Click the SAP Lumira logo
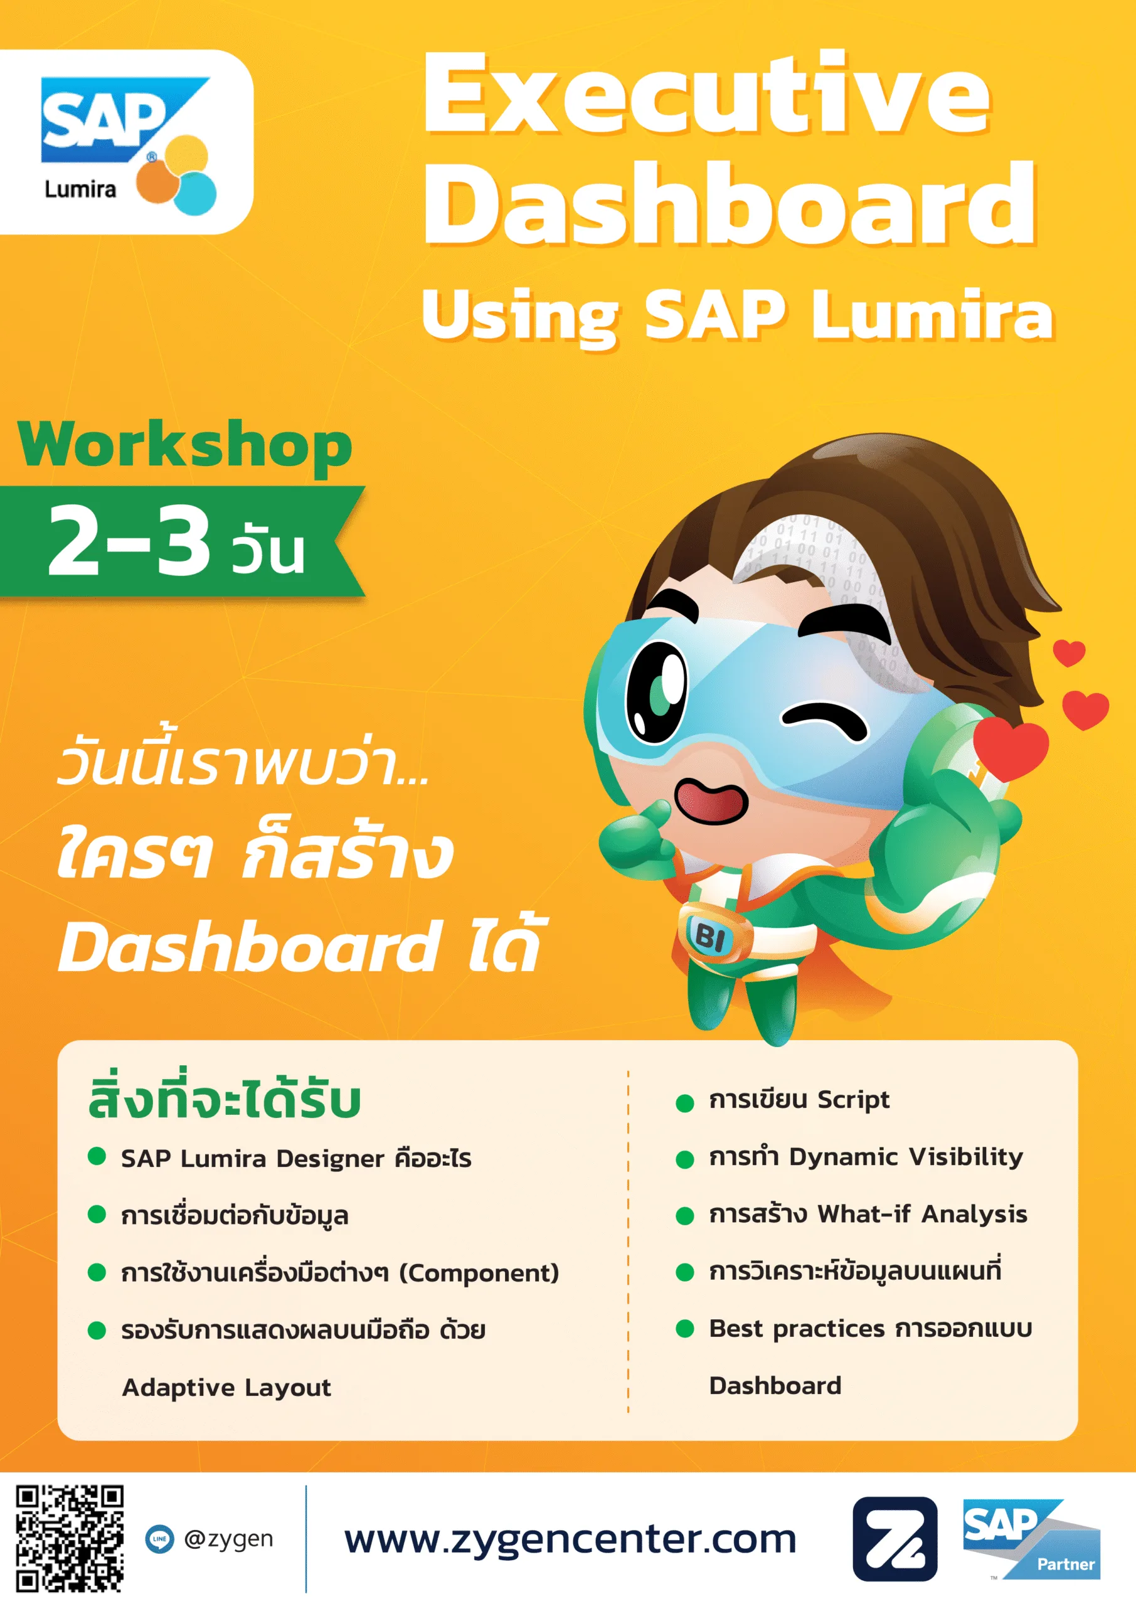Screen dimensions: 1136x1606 coord(128,146)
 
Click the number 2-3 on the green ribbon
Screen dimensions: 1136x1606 coord(129,540)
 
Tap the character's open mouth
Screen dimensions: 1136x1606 coord(711,802)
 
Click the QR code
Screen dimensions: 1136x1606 coord(70,1539)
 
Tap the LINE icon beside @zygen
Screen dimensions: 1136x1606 coord(159,1539)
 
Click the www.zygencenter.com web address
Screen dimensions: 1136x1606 coord(570,1540)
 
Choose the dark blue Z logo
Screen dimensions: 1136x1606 coord(894,1539)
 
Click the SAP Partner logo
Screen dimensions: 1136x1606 coord(1032,1540)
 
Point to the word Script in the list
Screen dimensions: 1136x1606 coord(853,1100)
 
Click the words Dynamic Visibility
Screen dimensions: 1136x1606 coord(906,1157)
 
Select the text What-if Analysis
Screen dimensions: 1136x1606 coord(922,1215)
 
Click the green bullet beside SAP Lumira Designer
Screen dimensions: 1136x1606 coord(97,1157)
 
